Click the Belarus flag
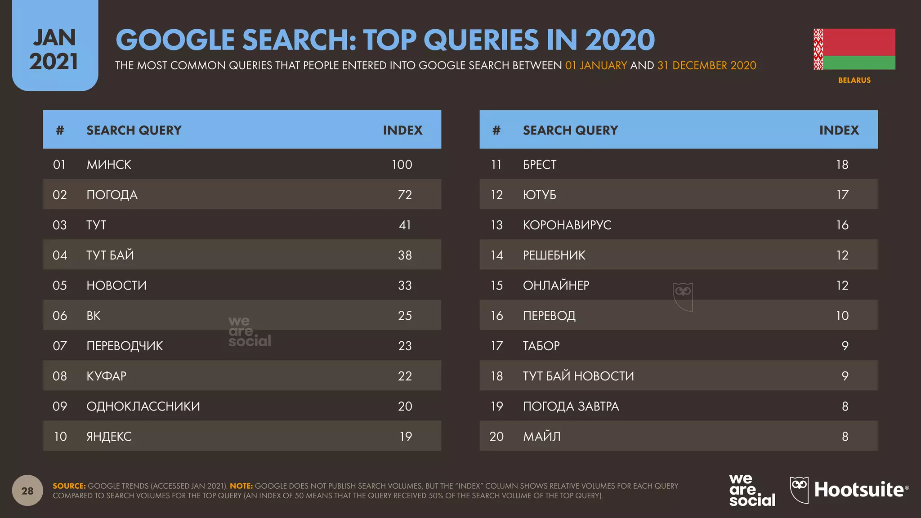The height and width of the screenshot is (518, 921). pos(854,49)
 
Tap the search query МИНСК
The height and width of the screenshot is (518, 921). pos(109,165)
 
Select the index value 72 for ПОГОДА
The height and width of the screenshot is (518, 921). pos(405,195)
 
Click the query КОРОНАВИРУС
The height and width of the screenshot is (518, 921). pos(567,225)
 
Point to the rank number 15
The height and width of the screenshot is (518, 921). pos(496,286)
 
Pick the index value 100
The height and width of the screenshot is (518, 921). pos(402,165)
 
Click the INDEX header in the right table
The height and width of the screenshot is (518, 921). pos(839,130)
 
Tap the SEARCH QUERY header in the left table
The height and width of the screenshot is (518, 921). pos(134,130)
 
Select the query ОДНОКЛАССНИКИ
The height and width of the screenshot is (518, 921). pos(143,406)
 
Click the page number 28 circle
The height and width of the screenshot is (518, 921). pos(27,491)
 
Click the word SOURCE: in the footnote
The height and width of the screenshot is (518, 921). pos(69,486)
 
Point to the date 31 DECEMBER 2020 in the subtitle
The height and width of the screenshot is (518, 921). pos(706,66)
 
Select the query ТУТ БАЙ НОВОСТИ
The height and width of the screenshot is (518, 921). pos(578,376)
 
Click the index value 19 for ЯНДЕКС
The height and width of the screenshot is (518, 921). pos(406,437)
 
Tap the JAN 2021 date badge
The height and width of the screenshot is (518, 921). pos(54,49)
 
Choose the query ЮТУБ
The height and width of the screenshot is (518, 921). pos(539,195)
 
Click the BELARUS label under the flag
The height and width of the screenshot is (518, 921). pos(854,80)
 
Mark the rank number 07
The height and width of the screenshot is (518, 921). pos(59,346)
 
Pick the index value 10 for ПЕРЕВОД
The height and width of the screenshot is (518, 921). pos(842,316)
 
